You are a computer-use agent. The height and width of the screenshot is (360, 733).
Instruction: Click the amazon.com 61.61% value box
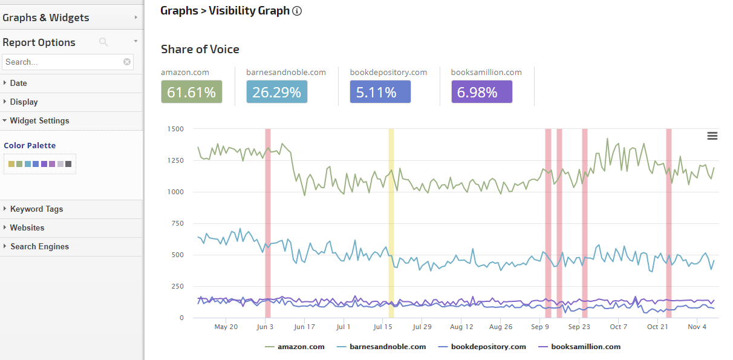tap(191, 92)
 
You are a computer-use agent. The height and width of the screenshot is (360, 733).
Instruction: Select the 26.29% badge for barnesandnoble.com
tap(276, 92)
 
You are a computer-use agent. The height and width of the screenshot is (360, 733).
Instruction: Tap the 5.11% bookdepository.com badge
tap(380, 92)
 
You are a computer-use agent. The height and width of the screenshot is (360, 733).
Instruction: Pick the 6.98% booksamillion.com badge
tap(481, 92)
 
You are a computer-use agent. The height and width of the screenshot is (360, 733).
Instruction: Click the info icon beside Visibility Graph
tap(297, 11)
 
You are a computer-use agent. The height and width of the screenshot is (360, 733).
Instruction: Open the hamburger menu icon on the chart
tap(712, 136)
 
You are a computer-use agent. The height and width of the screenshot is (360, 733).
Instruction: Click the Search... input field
tap(63, 62)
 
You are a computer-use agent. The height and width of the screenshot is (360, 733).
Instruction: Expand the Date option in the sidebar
tap(18, 83)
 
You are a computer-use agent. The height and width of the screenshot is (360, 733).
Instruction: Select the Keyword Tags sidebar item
tap(36, 209)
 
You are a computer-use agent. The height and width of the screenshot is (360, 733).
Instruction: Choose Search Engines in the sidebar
tap(39, 246)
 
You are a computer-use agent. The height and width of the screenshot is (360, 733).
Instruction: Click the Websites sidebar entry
tap(27, 227)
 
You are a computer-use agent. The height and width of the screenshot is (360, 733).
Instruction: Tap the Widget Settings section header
tap(39, 120)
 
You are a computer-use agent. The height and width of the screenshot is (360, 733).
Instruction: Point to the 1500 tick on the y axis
tap(176, 129)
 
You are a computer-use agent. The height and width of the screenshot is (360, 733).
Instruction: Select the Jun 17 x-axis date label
tap(304, 327)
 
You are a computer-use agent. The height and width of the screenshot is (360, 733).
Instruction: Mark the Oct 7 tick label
tap(619, 327)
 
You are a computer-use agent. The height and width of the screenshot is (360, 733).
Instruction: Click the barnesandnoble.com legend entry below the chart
tap(387, 347)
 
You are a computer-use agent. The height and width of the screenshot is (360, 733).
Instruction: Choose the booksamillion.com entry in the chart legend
tap(585, 347)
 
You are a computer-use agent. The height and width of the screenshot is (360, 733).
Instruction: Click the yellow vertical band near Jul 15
tap(391, 223)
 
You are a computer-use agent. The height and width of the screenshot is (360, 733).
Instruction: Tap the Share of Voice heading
tap(200, 50)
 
